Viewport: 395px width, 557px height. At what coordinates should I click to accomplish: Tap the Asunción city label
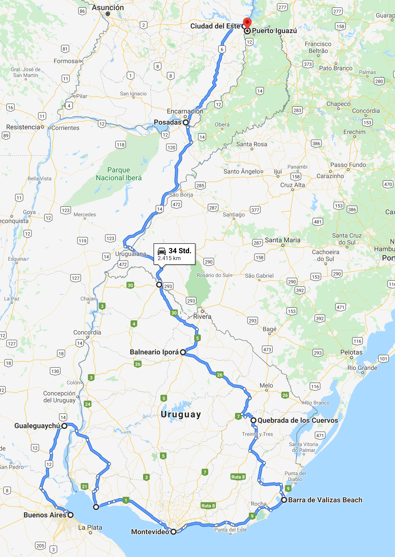click(108, 8)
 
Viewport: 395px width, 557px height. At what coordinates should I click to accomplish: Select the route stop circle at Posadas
click(186, 122)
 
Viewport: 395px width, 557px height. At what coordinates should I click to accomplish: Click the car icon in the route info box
click(162, 251)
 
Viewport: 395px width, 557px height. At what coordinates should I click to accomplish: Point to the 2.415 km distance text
click(169, 258)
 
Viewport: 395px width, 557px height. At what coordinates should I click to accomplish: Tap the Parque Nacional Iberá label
click(119, 174)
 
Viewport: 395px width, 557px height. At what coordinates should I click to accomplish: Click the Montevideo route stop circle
click(173, 532)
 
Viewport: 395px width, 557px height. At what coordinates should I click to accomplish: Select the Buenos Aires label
click(45, 515)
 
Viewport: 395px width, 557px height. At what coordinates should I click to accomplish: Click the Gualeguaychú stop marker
click(65, 426)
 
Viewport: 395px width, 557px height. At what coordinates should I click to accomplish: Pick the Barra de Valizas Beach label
click(325, 500)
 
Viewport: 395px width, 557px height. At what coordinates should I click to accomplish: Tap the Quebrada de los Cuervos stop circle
click(253, 420)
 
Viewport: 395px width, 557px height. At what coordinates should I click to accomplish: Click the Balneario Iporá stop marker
click(183, 352)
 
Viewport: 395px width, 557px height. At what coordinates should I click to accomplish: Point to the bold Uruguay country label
click(181, 414)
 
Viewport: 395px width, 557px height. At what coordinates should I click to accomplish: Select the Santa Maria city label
click(283, 240)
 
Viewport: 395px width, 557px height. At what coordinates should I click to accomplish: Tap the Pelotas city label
click(351, 352)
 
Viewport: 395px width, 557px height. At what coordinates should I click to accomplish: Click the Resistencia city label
click(23, 127)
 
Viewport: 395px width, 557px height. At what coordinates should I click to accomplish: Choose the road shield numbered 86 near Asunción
click(82, 11)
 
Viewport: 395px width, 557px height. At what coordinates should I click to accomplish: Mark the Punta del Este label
click(230, 530)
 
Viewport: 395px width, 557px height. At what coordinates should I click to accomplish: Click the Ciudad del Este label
click(215, 26)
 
